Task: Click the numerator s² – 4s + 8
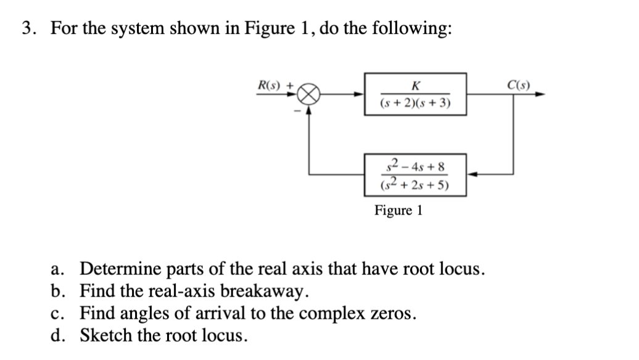tap(414, 166)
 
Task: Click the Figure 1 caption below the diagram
tap(398, 210)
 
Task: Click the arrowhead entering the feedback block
tap(470, 174)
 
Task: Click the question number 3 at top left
tap(27, 29)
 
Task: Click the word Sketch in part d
tap(103, 335)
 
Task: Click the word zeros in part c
tap(389, 313)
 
